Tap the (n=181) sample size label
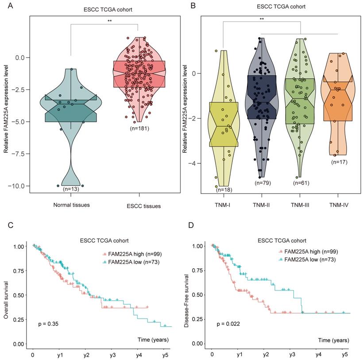[139, 129]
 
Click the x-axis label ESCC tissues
[139, 206]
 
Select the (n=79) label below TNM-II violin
[262, 182]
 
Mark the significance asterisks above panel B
[262, 19]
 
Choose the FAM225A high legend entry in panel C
[129, 254]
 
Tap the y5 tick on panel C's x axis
[165, 355]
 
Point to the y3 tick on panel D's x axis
[292, 355]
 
